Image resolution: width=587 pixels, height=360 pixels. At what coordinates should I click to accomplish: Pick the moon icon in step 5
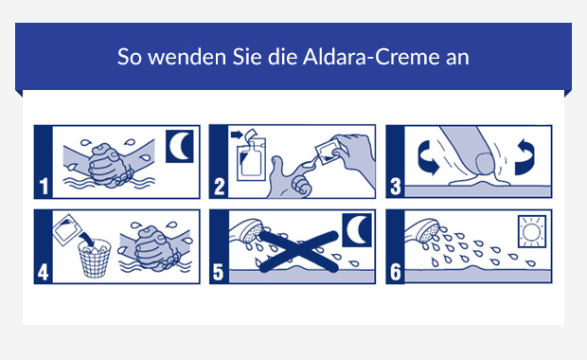click(x=354, y=231)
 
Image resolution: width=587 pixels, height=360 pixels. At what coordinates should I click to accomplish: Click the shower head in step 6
click(x=422, y=229)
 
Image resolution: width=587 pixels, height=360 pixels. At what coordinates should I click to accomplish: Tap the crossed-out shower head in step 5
click(x=249, y=230)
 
